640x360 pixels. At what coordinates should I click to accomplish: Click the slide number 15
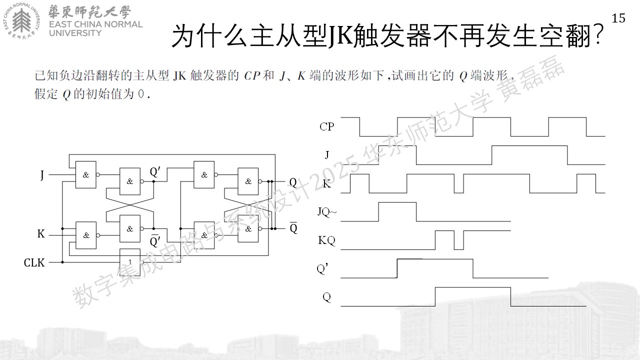click(x=618, y=18)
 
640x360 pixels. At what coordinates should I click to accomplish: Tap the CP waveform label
click(x=326, y=126)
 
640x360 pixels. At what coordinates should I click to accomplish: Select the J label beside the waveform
click(x=327, y=155)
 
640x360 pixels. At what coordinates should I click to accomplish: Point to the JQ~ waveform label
click(x=327, y=212)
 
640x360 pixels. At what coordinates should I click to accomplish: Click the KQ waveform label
click(x=326, y=240)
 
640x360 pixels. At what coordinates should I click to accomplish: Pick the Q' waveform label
click(x=322, y=269)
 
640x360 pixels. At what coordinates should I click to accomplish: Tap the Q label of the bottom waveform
click(x=326, y=297)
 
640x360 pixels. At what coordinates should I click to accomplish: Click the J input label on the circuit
click(x=42, y=175)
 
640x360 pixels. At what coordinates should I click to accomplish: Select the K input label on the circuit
click(x=41, y=233)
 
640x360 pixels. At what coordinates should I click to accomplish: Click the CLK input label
click(x=34, y=262)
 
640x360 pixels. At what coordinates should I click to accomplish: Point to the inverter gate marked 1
click(x=130, y=262)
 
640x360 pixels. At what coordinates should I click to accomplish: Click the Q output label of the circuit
click(x=293, y=182)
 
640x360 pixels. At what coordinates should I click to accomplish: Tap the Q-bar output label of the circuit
click(x=293, y=227)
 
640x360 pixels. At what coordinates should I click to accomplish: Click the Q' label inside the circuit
click(x=155, y=172)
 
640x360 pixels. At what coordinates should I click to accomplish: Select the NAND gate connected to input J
click(x=85, y=174)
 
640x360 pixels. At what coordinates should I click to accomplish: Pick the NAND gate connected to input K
click(x=85, y=235)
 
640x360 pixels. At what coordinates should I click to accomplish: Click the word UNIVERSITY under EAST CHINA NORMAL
click(x=75, y=33)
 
